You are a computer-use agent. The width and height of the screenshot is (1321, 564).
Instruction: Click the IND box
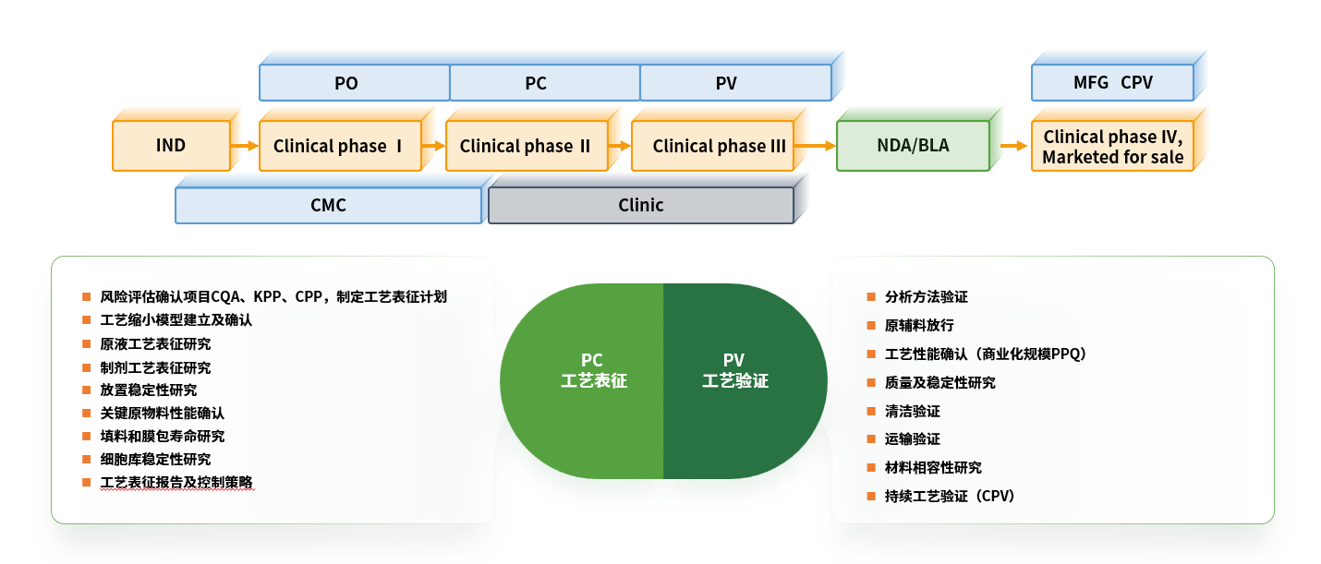coord(171,146)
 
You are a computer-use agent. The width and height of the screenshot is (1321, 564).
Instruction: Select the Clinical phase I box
coord(339,146)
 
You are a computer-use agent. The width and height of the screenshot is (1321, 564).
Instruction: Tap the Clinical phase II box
coord(526,146)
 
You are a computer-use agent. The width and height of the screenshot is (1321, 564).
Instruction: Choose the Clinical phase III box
coord(712,146)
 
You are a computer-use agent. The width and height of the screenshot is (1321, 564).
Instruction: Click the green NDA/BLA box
coord(913,146)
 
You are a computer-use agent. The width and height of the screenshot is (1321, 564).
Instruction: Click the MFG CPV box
coord(1112,82)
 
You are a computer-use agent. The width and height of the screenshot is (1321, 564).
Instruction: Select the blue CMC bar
coord(328,205)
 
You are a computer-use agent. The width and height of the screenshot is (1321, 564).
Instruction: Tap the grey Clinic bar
coord(640,205)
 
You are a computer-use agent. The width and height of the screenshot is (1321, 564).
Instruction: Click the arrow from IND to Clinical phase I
coord(245,146)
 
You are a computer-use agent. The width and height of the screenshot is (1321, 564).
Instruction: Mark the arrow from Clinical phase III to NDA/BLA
coord(815,146)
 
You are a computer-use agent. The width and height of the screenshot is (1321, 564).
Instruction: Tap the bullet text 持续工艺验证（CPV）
coord(950,497)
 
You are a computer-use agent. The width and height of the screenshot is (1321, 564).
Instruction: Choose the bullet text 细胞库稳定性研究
coord(155,459)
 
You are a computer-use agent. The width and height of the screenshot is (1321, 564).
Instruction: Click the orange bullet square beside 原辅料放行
coord(871,326)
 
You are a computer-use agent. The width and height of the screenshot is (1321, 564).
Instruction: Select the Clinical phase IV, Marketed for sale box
coord(1112,146)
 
